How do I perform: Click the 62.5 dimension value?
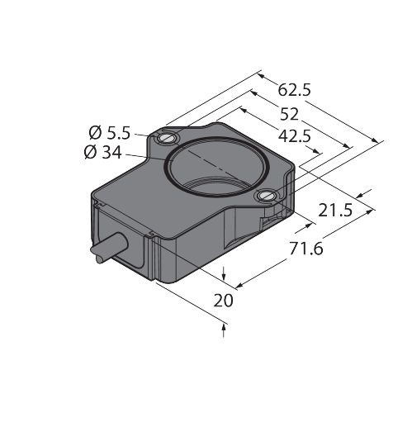294,90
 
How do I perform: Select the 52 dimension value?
289,114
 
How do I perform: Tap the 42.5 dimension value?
295,136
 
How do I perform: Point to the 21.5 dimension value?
335,211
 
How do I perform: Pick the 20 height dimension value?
223,301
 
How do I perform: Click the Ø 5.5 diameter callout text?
110,133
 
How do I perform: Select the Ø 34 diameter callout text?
102,152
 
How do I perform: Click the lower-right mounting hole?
266,196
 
